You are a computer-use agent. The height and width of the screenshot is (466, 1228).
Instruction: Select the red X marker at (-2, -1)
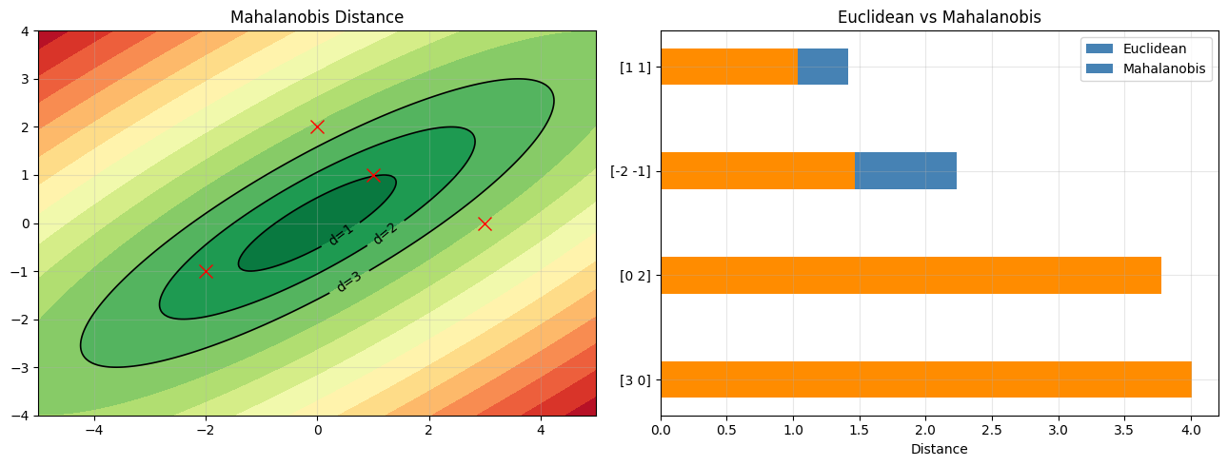(x=206, y=271)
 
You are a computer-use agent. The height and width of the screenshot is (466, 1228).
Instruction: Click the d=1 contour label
(x=340, y=235)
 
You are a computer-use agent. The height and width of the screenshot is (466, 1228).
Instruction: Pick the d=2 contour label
(x=385, y=232)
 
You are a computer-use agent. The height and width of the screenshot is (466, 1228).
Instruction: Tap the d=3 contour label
(x=348, y=282)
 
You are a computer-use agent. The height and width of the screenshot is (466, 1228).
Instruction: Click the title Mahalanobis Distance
(x=317, y=17)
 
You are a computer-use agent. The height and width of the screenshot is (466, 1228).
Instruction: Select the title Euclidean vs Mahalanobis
(x=939, y=17)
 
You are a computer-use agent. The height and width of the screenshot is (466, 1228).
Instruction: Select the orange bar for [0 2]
(x=910, y=275)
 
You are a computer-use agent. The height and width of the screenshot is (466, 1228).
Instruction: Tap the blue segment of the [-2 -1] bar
(x=905, y=171)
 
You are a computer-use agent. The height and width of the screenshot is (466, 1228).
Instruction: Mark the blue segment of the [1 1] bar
(x=822, y=67)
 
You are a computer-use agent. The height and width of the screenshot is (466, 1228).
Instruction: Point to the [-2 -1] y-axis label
(x=630, y=171)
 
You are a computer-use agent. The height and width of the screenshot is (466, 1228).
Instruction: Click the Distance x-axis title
(x=939, y=449)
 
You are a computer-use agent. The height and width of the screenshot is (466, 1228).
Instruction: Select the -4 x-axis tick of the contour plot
(x=93, y=430)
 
